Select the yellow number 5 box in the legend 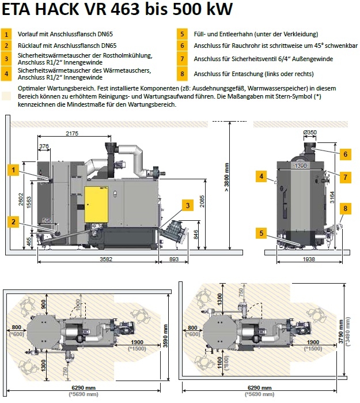coord(181,33)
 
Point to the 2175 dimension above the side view coord(72,134)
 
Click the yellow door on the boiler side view coord(96,204)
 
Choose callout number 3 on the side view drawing coord(187,205)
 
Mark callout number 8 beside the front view coord(345,208)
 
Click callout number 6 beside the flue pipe coord(344,154)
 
